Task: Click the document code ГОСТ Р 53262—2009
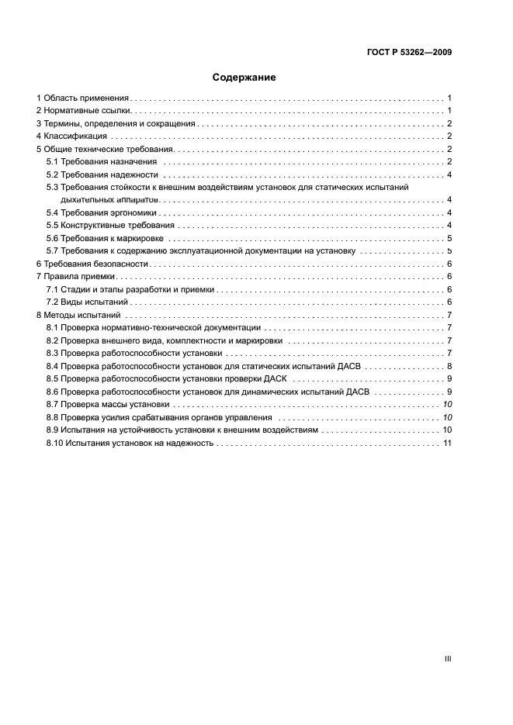pos(408,53)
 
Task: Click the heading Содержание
pos(244,78)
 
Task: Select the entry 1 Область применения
pos(82,98)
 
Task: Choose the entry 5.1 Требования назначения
pos(102,162)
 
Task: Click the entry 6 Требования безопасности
pos(91,264)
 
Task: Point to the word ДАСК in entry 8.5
pos(276,379)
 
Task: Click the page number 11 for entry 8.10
pos(447,443)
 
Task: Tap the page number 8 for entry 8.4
pos(449,366)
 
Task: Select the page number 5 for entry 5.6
pos(449,238)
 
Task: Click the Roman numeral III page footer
pos(447,658)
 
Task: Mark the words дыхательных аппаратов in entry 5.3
pos(116,200)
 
